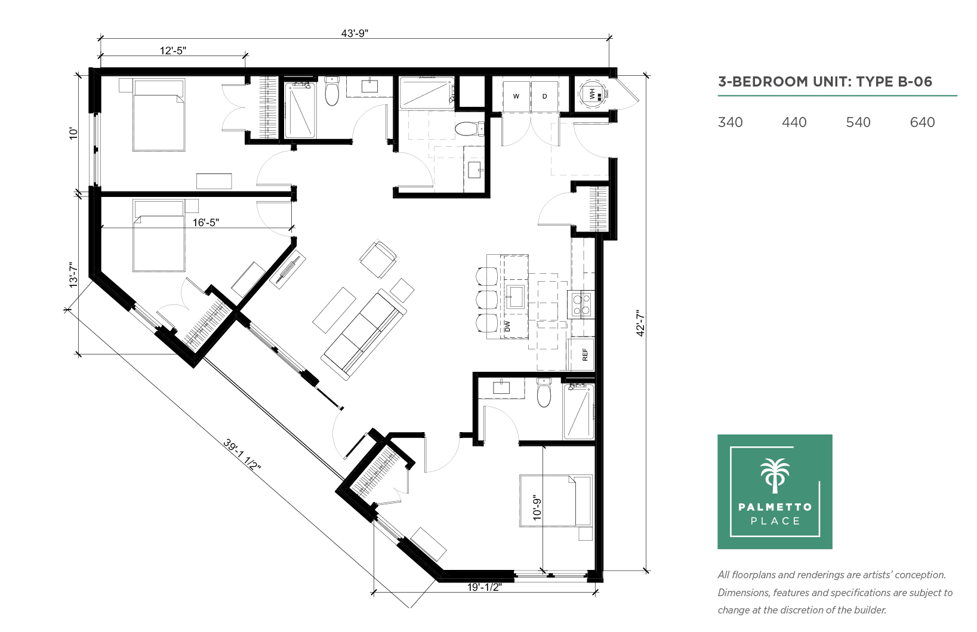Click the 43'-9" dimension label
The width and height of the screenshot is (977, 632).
355,33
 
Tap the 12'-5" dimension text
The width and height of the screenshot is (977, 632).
172,51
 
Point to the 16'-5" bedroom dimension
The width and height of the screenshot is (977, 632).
206,223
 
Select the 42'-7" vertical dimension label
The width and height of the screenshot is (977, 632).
640,323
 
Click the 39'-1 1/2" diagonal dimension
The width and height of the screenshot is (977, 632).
242,455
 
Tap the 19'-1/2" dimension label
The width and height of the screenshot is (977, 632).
485,587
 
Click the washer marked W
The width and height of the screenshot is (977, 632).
516,97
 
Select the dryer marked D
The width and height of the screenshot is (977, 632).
545,97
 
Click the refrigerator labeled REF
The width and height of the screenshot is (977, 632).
581,354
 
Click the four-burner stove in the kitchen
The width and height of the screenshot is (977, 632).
581,304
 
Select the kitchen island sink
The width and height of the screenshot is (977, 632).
515,297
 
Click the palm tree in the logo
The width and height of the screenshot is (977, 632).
775,476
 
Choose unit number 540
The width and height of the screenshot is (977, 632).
858,122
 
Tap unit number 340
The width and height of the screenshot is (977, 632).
730,122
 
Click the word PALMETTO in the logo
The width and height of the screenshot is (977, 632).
775,507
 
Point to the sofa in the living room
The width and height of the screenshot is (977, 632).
363,334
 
